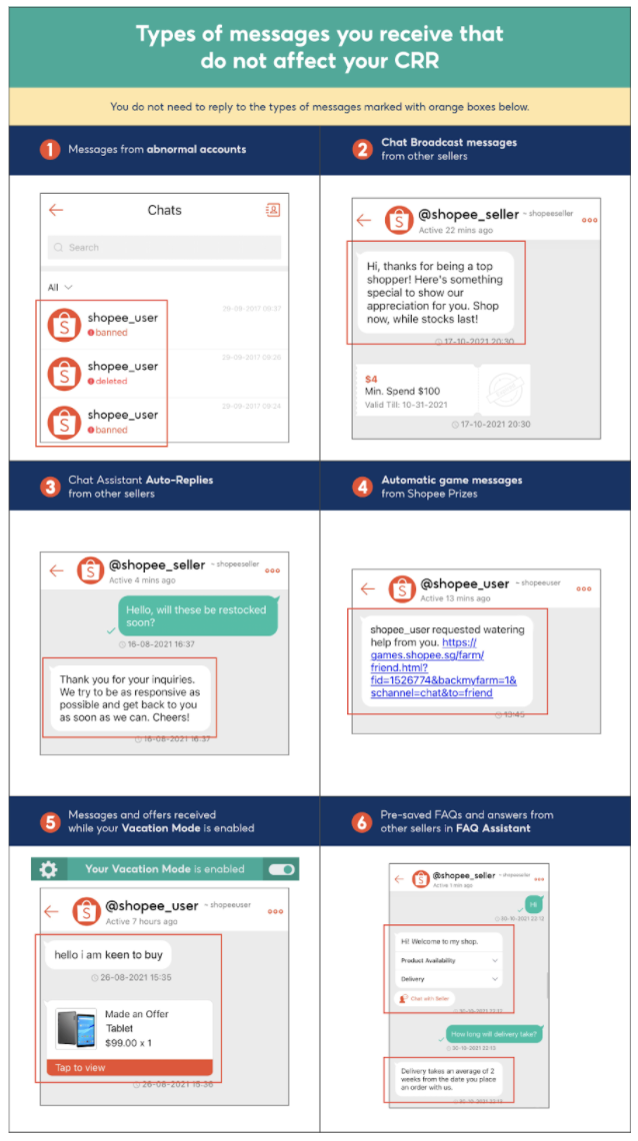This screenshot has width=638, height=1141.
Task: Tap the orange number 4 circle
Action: click(362, 487)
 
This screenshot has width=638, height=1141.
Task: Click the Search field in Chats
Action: click(164, 248)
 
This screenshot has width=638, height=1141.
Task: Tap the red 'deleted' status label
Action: click(111, 382)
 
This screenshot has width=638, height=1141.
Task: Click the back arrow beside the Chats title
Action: click(56, 210)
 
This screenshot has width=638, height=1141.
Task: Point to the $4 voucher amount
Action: click(371, 379)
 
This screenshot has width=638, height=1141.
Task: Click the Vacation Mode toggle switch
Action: click(282, 869)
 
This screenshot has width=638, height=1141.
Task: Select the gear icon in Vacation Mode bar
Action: click(48, 869)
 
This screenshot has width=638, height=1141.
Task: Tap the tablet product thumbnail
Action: click(76, 1028)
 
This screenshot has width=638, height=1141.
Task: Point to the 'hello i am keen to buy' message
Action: click(106, 955)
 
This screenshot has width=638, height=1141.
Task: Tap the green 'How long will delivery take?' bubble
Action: click(495, 1034)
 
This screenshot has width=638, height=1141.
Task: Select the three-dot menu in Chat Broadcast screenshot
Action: click(589, 222)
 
